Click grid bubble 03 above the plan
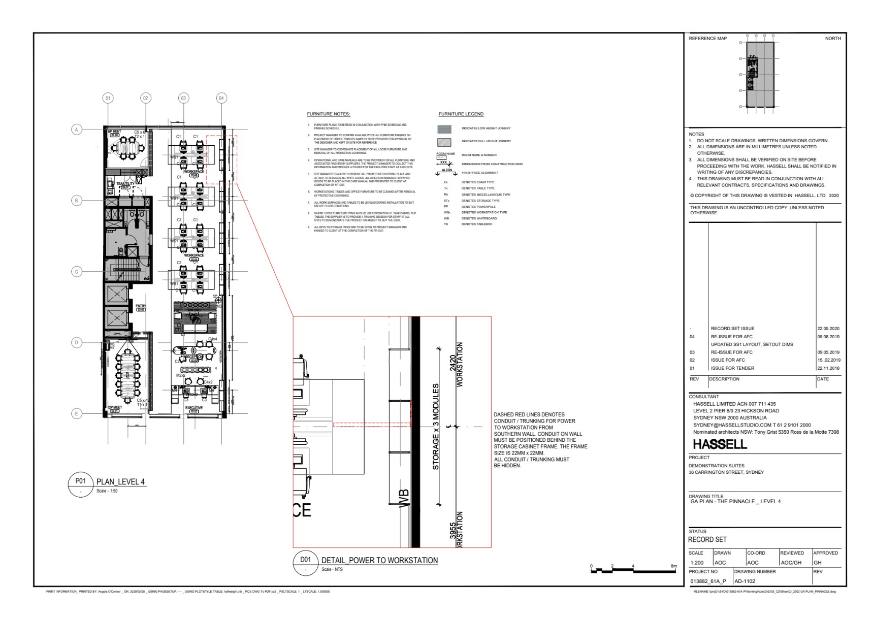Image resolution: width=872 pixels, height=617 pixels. tap(183, 98)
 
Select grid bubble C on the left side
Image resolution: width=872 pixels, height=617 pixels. tap(77, 271)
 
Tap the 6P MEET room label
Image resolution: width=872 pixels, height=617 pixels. tap(114, 132)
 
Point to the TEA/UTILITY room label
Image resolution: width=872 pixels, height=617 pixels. tap(125, 184)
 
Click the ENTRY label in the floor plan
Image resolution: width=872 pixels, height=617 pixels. tap(141, 306)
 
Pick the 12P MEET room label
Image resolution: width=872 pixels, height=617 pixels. tap(115, 407)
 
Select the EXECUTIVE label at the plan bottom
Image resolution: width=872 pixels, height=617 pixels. tap(193, 408)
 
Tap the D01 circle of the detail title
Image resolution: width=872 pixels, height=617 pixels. tap(305, 560)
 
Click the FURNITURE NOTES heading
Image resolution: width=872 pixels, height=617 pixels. tap(329, 114)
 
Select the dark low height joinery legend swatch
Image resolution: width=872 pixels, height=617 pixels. tap(444, 129)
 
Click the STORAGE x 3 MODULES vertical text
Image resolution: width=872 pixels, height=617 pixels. tap(436, 427)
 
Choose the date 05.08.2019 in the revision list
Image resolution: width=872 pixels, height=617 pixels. tap(828, 337)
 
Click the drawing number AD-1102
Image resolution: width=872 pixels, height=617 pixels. tap(745, 581)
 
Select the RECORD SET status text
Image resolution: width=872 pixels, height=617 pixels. tap(707, 539)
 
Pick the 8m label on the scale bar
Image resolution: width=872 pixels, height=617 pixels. tap(673, 566)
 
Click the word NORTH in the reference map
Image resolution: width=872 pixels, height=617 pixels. tap(833, 39)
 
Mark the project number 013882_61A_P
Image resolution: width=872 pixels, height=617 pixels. tap(708, 581)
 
